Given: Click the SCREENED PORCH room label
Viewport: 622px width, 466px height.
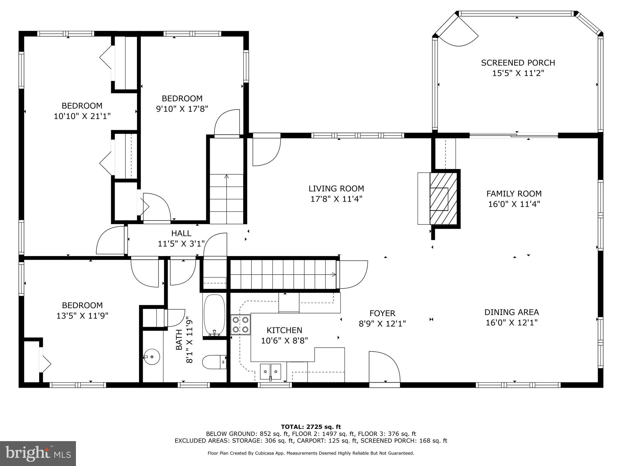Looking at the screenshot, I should (518, 63).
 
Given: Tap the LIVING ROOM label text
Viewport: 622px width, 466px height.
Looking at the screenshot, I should (336, 188).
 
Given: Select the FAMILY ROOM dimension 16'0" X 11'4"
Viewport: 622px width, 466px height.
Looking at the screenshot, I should (514, 204).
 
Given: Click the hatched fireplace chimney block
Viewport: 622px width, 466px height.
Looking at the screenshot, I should (443, 199).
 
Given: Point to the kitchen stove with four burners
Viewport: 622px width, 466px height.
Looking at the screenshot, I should (241, 325).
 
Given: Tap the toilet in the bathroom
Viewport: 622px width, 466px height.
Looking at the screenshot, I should (214, 362).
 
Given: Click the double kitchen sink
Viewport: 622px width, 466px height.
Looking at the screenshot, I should (270, 371).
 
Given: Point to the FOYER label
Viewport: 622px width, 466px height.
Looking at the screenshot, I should (382, 313).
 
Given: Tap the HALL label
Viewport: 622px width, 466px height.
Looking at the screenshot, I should (181, 233).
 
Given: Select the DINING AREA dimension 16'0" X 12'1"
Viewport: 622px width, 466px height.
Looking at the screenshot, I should (511, 322).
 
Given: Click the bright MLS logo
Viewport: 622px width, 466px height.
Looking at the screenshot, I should (38, 453).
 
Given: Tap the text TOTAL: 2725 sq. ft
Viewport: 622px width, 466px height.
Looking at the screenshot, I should (311, 427).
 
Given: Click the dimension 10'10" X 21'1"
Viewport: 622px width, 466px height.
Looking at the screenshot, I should (82, 116).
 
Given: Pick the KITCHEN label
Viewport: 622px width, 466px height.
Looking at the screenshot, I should (284, 330).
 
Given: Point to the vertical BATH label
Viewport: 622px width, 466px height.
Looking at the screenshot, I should (179, 340).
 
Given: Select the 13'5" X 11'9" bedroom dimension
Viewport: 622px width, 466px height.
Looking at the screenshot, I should (82, 316).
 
